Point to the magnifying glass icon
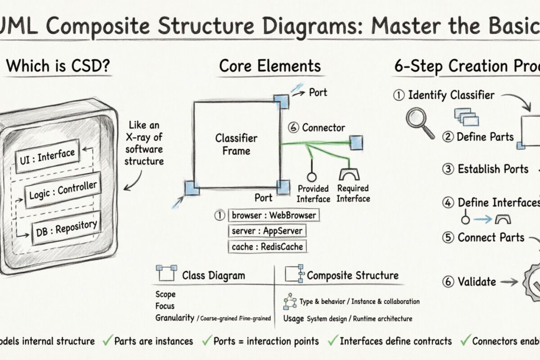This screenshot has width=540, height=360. pos(419,121)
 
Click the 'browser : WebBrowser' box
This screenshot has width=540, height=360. pos(273,215)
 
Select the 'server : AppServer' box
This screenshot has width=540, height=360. pos(267,231)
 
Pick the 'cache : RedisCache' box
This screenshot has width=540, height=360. pos(267,247)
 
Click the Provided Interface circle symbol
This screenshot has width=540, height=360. pos(310,175)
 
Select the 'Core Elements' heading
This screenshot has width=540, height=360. pos(270,66)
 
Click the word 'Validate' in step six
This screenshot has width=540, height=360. pos(477,282)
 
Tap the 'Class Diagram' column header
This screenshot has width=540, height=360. pos(213,275)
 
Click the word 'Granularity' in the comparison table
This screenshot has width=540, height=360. pos(175,318)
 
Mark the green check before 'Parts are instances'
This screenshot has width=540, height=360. pos(107,341)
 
